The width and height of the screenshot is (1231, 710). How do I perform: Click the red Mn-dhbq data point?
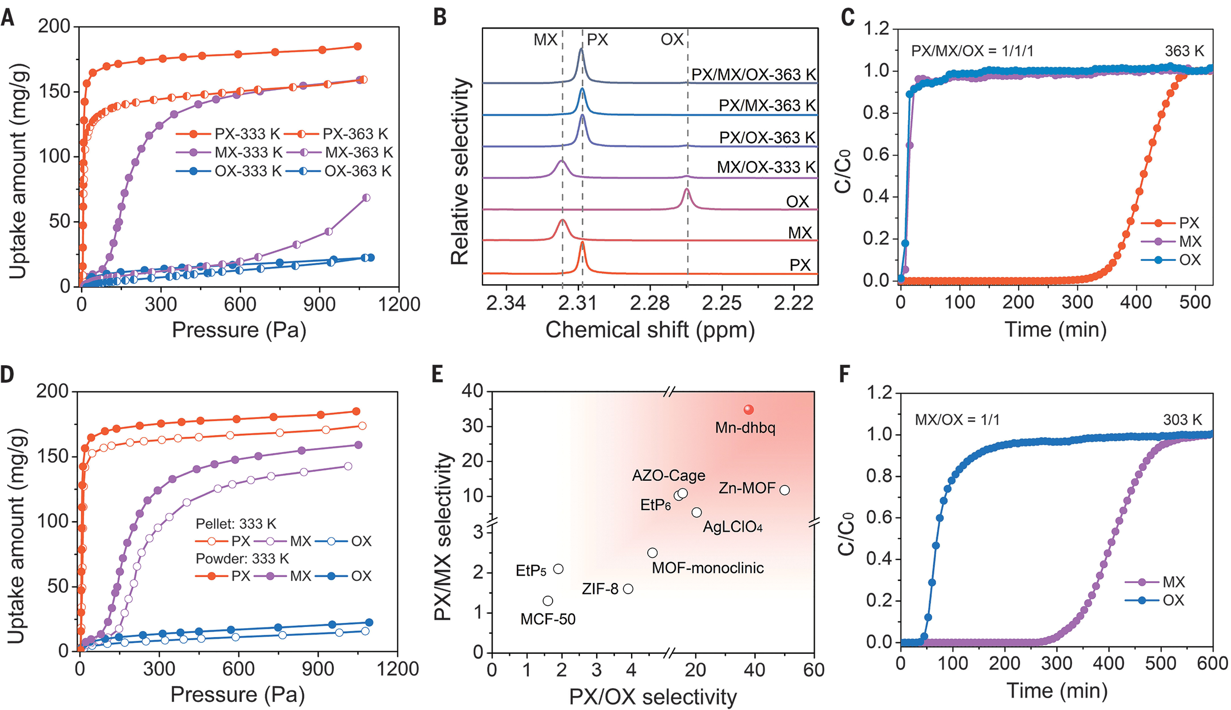coord(749,410)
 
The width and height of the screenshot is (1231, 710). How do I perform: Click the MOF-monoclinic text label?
coord(708,568)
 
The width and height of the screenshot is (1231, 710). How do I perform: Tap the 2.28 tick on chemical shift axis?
coord(650,303)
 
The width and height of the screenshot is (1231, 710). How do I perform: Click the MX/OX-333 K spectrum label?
coord(766,167)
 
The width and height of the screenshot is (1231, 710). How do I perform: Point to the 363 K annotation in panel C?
coord(1184,51)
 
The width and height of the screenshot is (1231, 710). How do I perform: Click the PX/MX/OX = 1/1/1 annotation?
coord(972,51)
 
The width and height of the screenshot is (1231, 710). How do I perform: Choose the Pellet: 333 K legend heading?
coord(236,524)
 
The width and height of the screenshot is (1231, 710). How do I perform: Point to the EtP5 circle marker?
coord(559,569)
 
